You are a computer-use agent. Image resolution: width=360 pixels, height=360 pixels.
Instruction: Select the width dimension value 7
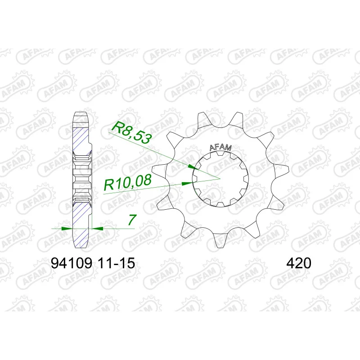pyautogui.click(x=132, y=220)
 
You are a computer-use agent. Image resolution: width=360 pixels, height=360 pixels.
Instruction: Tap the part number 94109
pyautogui.click(x=72, y=263)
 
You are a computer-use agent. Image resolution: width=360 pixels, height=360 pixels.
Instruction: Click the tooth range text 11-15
pyautogui.click(x=116, y=263)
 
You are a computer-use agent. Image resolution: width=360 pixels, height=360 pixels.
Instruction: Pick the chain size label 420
pyautogui.click(x=299, y=263)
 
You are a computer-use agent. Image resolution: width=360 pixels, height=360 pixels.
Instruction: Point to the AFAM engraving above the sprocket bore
pyautogui.click(x=220, y=148)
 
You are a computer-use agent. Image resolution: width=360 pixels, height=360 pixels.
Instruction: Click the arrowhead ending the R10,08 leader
pyautogui.click(x=187, y=184)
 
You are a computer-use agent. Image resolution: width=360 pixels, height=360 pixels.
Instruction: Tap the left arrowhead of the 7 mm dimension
pyautogui.click(x=67, y=229)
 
